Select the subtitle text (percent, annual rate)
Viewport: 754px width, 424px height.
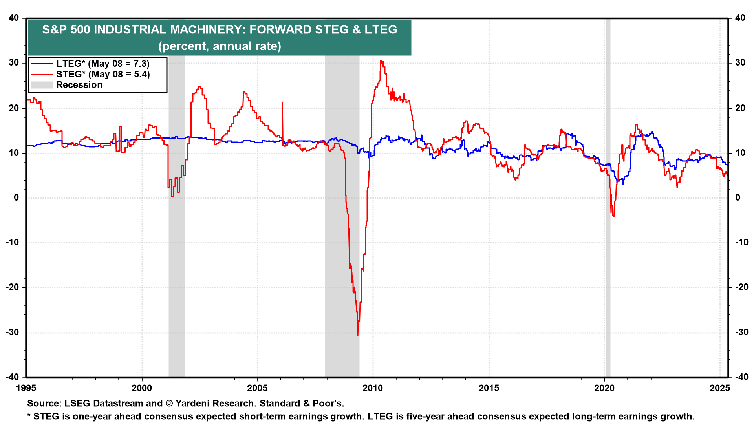click(220, 46)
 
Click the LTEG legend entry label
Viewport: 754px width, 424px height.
click(103, 64)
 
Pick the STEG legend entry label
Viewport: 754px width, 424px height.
click(103, 74)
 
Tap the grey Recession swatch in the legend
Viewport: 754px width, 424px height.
click(42, 85)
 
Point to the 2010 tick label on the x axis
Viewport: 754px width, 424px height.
click(373, 388)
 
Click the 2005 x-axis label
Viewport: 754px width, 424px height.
click(257, 388)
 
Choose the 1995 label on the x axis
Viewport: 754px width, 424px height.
click(26, 388)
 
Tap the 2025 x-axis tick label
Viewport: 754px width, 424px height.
click(720, 388)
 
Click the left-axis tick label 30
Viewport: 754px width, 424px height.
click(14, 63)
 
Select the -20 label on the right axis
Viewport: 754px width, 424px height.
click(741, 287)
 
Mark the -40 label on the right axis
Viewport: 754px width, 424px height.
click(741, 377)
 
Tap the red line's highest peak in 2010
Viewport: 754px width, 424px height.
click(381, 61)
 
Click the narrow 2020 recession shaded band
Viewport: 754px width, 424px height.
click(608, 198)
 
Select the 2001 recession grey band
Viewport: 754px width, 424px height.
click(176, 198)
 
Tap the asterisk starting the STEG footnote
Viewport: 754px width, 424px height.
click(29, 415)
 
